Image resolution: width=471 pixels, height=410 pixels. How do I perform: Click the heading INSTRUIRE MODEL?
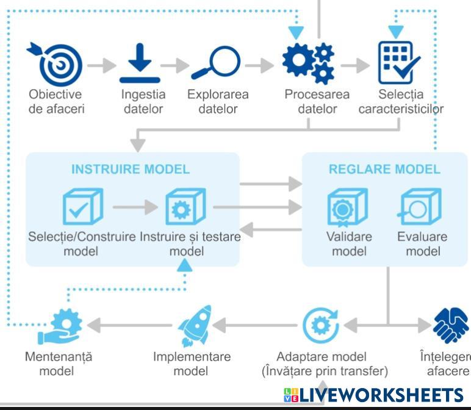coord(131,169)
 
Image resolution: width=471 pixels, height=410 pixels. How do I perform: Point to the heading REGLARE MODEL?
coord(384,169)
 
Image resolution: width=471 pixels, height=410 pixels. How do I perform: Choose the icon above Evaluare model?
coord(419,207)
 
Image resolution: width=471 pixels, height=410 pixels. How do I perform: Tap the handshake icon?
coord(450,326)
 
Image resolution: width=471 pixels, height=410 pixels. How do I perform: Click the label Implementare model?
coord(192,364)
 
